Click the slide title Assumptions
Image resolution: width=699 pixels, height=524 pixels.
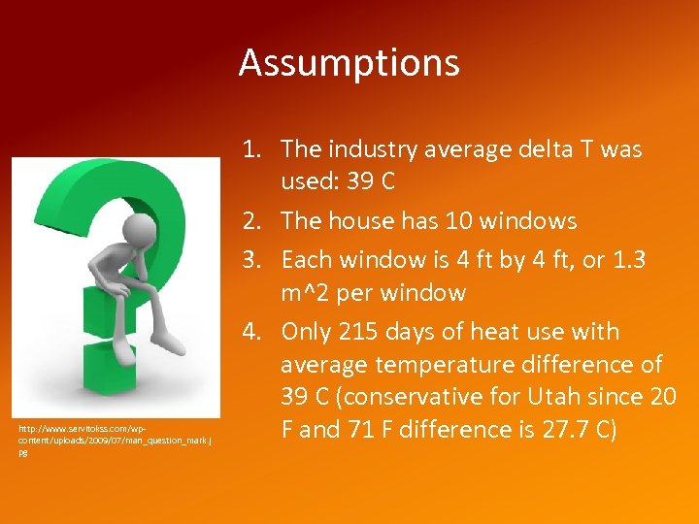coord(349,63)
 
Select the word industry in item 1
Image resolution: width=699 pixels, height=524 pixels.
coord(369,149)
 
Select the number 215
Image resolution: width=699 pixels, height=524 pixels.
coord(355,332)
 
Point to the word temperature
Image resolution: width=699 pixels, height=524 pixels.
coord(430,365)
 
